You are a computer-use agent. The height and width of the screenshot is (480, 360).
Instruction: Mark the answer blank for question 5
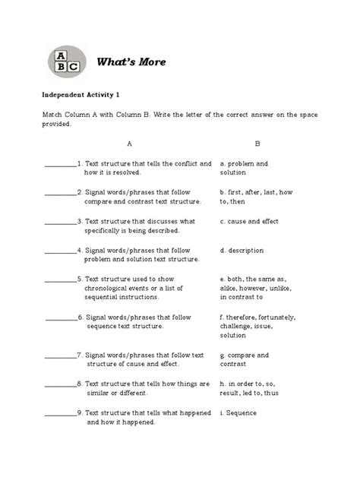tap(60, 279)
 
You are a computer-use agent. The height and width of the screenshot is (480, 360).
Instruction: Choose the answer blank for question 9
tap(60, 414)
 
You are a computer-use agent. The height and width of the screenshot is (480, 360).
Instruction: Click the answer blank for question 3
tap(60, 223)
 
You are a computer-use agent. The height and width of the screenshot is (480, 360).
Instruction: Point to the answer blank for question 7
tap(60, 356)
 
